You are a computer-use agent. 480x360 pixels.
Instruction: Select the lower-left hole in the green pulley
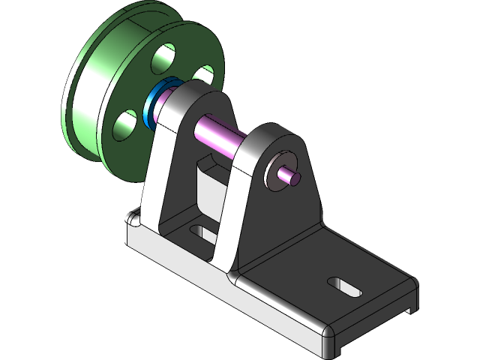124,125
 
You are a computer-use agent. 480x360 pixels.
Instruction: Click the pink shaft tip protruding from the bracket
291,177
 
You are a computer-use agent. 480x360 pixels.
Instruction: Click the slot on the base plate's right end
344,287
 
